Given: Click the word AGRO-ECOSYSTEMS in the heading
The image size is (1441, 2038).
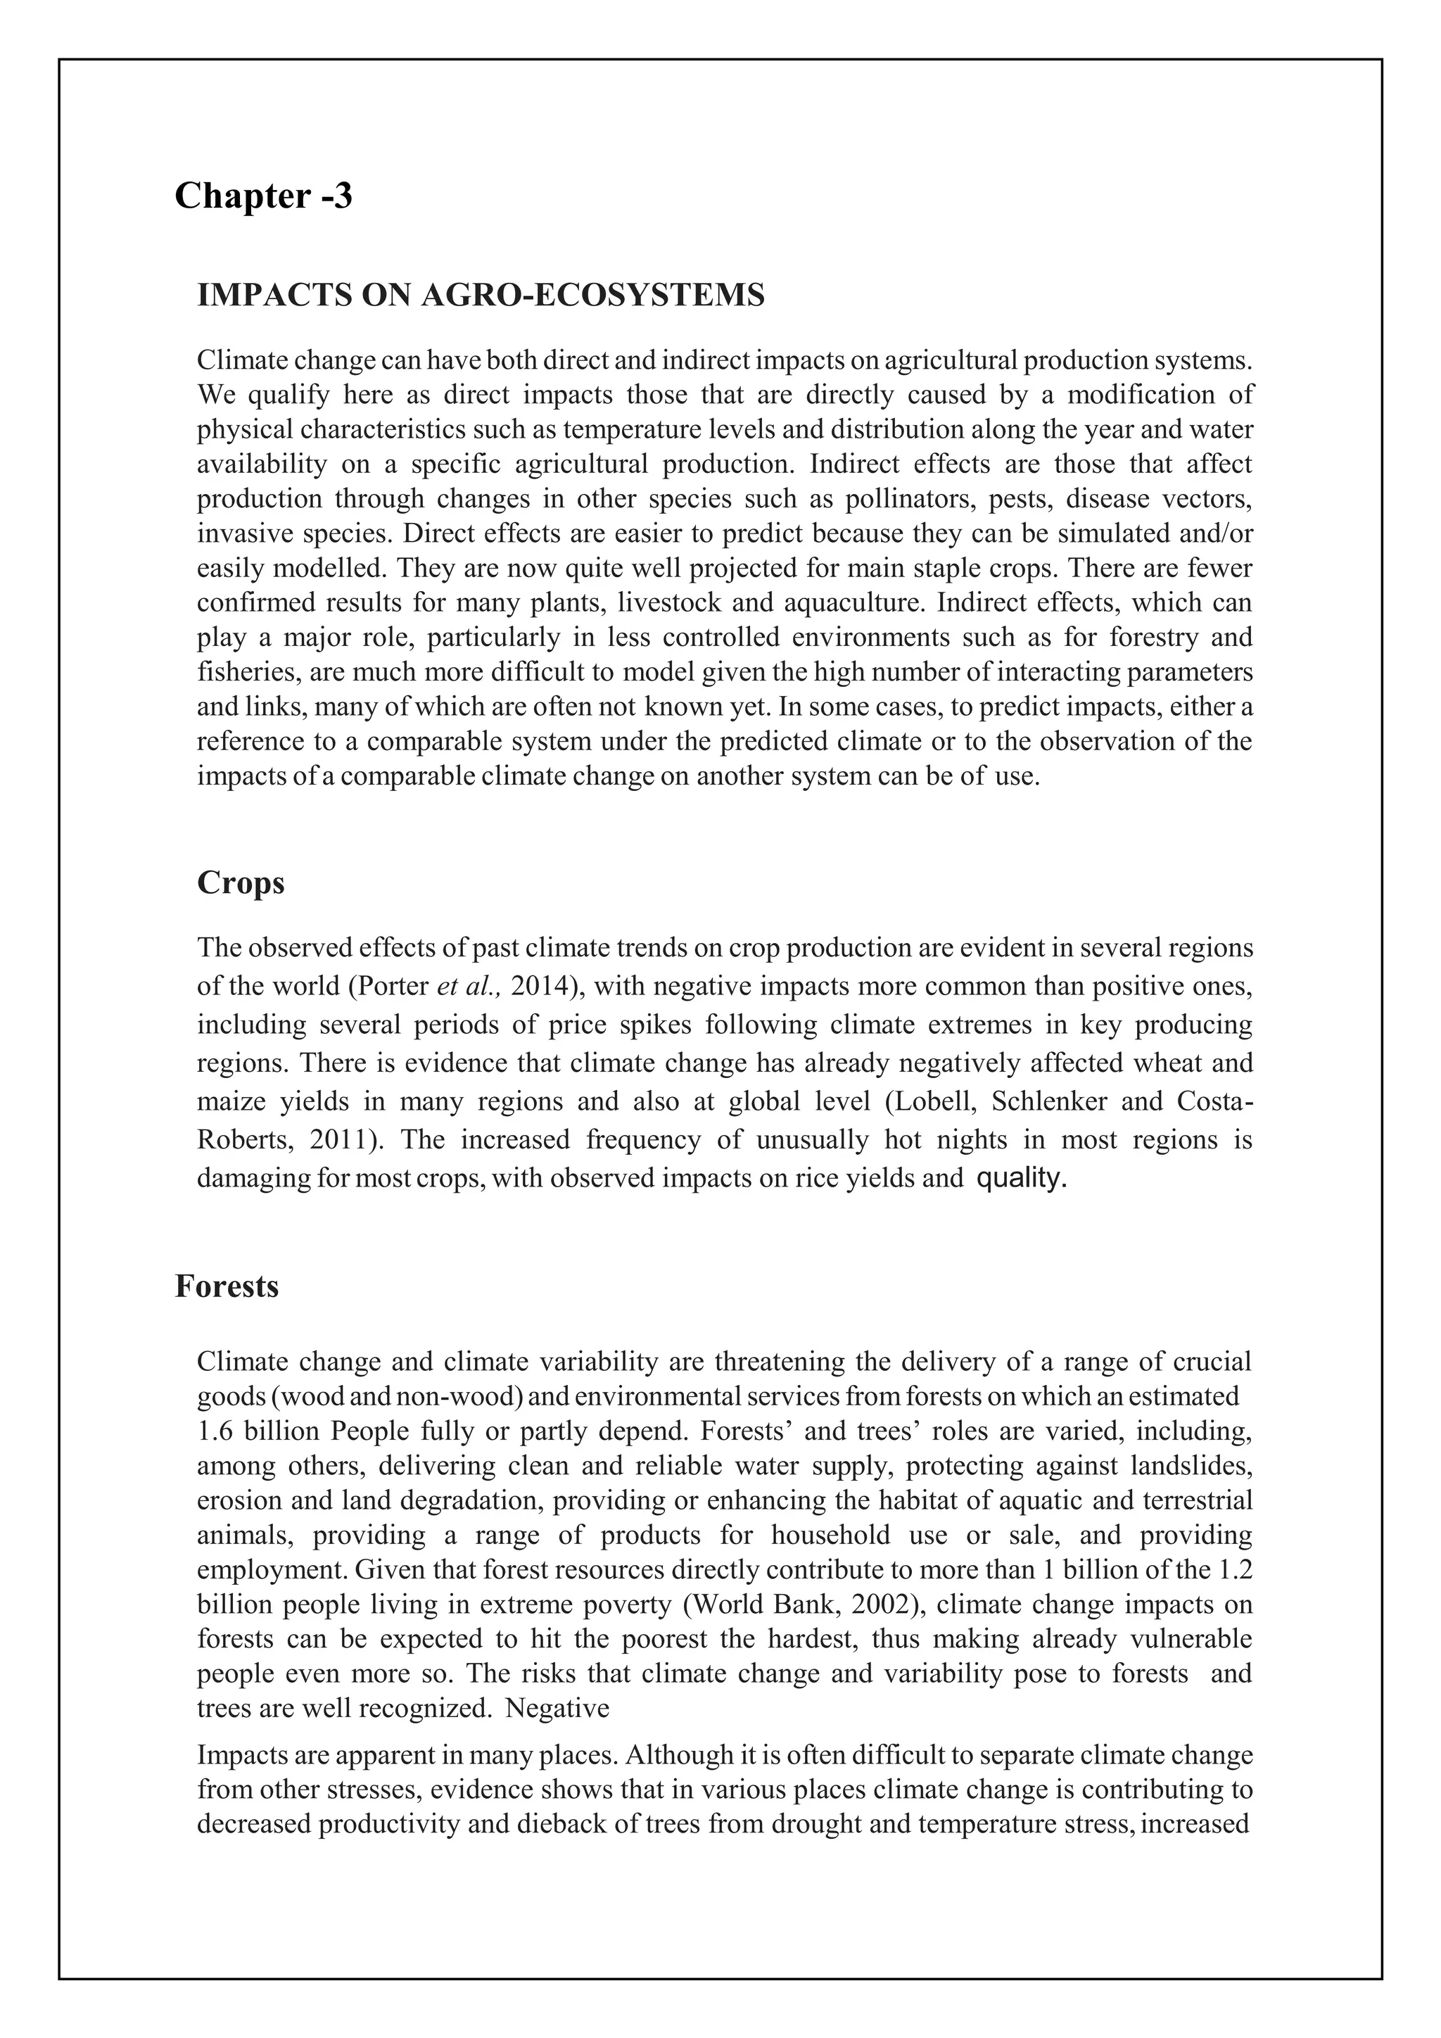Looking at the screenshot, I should coord(592,296).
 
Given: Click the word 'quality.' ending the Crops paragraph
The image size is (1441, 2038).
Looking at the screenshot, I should coord(1020,1179).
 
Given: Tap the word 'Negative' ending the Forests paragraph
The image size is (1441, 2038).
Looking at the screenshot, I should coord(557,1709).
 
